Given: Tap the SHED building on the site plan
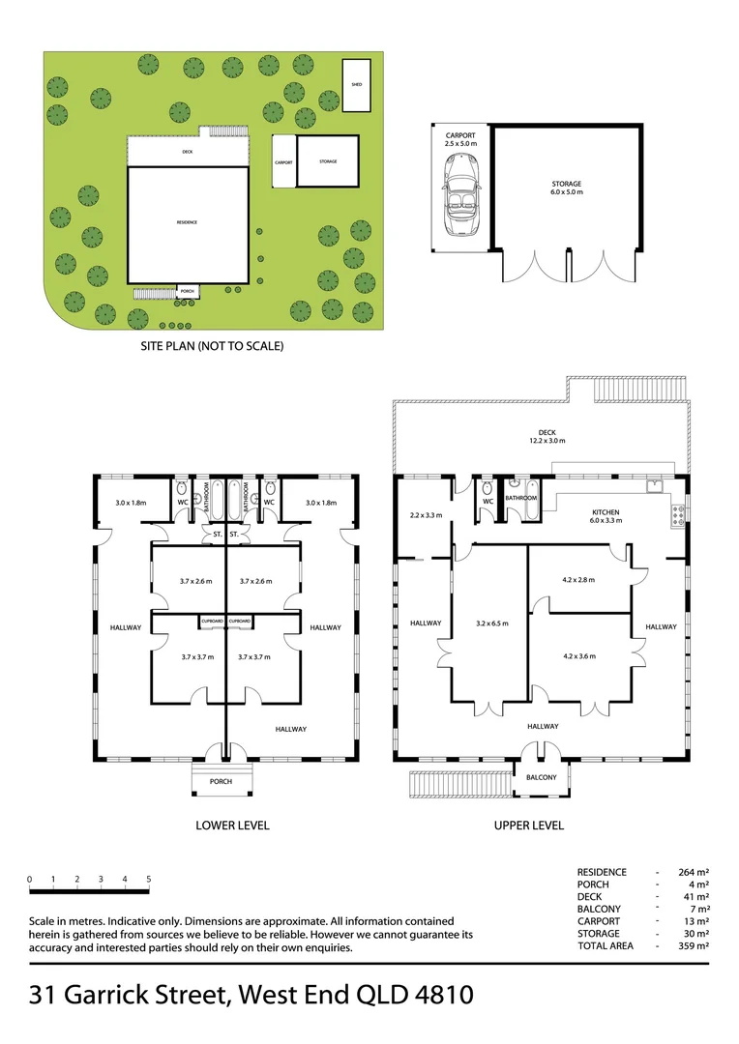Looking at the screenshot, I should pyautogui.click(x=356, y=85).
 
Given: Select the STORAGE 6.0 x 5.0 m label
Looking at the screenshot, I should pyautogui.click(x=567, y=188).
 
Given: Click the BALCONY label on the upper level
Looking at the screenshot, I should pyautogui.click(x=541, y=777).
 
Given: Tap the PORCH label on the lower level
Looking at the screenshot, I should pyautogui.click(x=221, y=781).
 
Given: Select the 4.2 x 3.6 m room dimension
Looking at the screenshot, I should pyautogui.click(x=578, y=655).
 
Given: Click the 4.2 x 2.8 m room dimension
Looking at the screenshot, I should pyautogui.click(x=578, y=580).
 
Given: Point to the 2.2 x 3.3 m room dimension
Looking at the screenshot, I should pyautogui.click(x=426, y=515).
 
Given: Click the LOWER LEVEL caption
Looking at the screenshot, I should pyautogui.click(x=232, y=826).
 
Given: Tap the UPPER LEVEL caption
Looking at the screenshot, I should pyautogui.click(x=528, y=826).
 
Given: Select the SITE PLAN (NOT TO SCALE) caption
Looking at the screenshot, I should pyautogui.click(x=212, y=345).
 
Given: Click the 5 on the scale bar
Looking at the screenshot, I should pyautogui.click(x=149, y=880).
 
